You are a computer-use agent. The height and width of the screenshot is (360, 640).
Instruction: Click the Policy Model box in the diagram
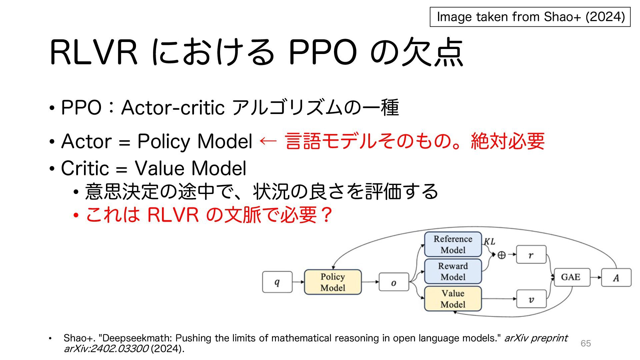[x=333, y=282]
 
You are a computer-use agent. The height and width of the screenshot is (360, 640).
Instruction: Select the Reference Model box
[x=453, y=244]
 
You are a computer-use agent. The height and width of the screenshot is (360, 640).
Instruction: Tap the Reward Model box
[x=453, y=271]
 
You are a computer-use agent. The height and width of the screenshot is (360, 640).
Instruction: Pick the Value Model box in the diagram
[x=453, y=299]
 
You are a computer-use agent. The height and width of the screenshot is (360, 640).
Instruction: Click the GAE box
[x=572, y=277]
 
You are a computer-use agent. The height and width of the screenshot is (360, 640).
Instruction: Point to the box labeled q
[x=277, y=282]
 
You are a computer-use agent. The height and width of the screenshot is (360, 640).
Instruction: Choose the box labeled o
[x=394, y=282]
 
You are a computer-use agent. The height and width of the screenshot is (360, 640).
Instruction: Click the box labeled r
[x=531, y=255]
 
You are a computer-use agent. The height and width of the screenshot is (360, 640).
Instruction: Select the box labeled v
[x=531, y=299]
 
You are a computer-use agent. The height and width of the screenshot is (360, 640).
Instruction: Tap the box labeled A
[x=616, y=277]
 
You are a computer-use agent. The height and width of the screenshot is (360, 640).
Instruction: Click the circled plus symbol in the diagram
[x=501, y=255]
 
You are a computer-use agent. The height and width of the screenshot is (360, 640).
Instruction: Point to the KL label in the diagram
[x=489, y=241]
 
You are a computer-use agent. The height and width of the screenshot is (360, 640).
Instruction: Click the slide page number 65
[x=586, y=343]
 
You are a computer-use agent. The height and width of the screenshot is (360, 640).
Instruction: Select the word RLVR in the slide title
[x=93, y=53]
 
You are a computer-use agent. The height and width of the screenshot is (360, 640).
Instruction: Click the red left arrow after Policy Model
[x=268, y=141]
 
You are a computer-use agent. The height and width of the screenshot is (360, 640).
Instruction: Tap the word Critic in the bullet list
[x=85, y=168]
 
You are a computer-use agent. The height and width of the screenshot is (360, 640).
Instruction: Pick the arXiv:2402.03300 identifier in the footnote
[x=106, y=349]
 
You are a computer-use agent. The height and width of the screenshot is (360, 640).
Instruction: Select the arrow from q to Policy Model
[x=298, y=282]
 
